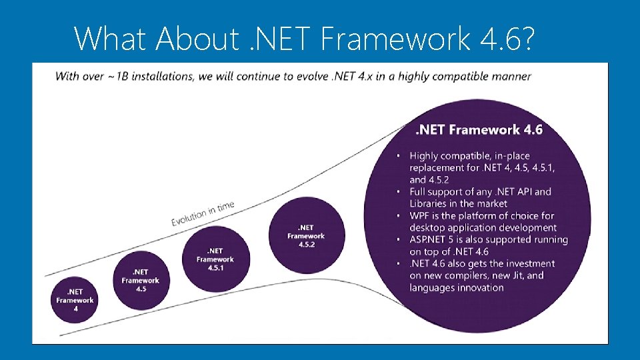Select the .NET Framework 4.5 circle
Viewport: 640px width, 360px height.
tap(140, 281)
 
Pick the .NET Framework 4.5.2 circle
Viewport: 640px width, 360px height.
tap(306, 235)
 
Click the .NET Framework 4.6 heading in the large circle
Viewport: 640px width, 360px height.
tap(479, 129)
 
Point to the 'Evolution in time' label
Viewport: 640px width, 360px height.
tap(203, 213)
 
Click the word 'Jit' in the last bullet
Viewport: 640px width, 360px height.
tap(518, 276)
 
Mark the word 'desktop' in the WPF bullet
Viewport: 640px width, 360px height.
tap(430, 228)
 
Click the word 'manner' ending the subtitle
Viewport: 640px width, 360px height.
tap(513, 75)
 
